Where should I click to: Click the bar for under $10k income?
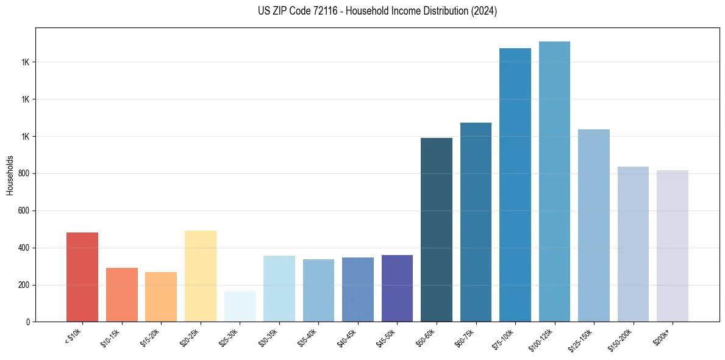point(82,277)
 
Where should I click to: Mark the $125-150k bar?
point(593,225)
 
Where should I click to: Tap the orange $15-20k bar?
point(161,297)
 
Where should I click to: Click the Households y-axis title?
point(10,175)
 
